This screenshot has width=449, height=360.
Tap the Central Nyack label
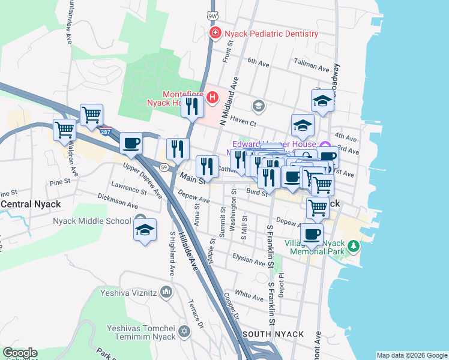(31, 204)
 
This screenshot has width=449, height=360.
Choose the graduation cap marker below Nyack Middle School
(144, 231)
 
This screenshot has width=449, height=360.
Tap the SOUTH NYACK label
(273, 334)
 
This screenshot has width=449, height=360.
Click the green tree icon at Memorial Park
(354, 246)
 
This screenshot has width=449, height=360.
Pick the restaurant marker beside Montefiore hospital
(192, 107)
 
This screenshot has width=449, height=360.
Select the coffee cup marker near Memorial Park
(311, 233)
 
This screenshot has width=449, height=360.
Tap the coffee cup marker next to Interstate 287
(131, 143)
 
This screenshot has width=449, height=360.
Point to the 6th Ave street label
(259, 61)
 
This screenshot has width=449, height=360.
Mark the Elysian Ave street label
(249, 262)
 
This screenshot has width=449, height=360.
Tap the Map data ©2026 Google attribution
(412, 355)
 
